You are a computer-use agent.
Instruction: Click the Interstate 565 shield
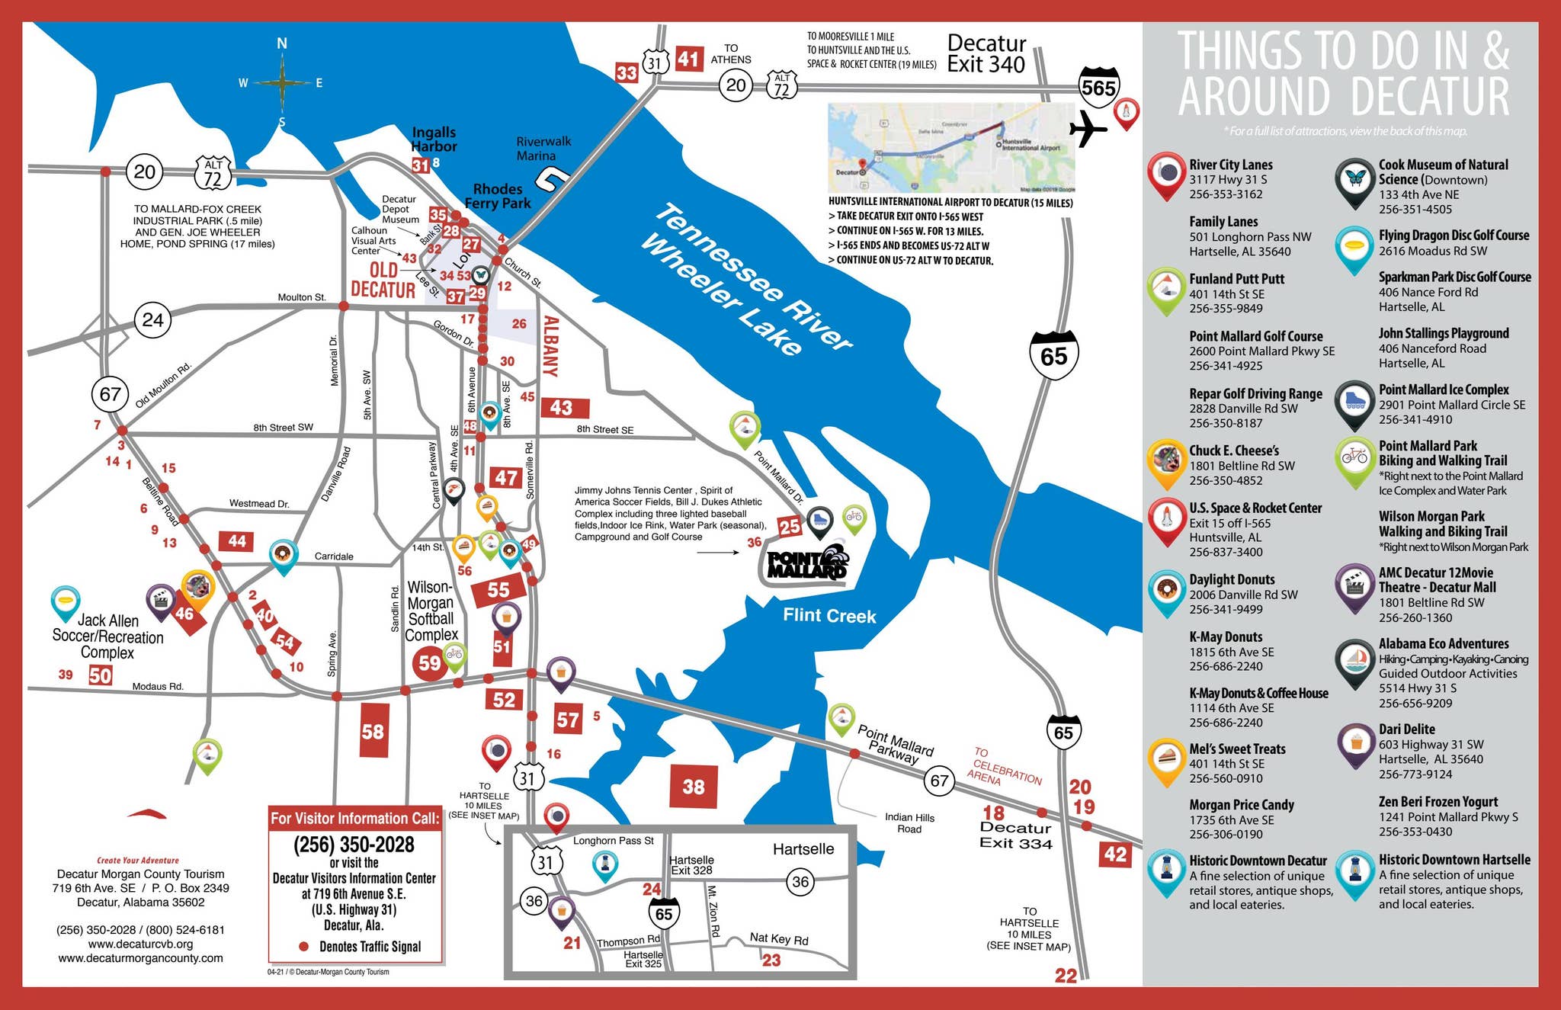pyautogui.click(x=1098, y=86)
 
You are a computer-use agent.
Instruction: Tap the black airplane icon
pyautogui.click(x=1088, y=129)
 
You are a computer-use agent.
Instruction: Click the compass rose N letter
pyautogui.click(x=282, y=44)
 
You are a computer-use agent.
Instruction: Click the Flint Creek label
pyautogui.click(x=829, y=616)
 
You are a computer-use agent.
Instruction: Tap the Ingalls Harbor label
pyautogui.click(x=434, y=139)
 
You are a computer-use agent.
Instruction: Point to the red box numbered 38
pyautogui.click(x=693, y=787)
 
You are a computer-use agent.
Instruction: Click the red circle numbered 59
pyautogui.click(x=429, y=663)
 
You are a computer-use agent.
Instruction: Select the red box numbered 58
pyautogui.click(x=373, y=732)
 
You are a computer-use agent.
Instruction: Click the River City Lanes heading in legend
pyautogui.click(x=1230, y=165)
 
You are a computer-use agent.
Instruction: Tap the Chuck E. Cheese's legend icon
pyautogui.click(x=1165, y=460)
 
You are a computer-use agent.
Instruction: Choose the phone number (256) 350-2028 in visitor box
pyautogui.click(x=354, y=845)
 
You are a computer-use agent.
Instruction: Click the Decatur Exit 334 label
pyautogui.click(x=1015, y=835)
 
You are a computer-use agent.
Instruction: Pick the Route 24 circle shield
pyautogui.click(x=152, y=320)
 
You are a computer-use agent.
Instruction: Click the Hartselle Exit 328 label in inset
pyautogui.click(x=691, y=865)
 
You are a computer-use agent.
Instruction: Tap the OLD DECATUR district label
pyautogui.click(x=383, y=280)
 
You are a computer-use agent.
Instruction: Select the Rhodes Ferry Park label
pyautogui.click(x=498, y=196)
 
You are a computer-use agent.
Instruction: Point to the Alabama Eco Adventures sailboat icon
pyautogui.click(x=1355, y=660)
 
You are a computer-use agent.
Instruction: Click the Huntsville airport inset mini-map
pyautogui.click(x=950, y=148)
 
